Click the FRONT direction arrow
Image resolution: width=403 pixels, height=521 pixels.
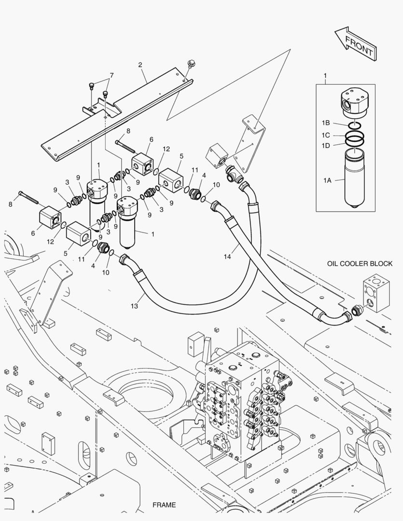click(355, 42)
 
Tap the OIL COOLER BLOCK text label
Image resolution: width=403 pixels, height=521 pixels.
click(360, 263)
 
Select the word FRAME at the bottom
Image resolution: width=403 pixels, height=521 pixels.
click(164, 505)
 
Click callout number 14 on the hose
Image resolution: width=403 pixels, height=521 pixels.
click(227, 257)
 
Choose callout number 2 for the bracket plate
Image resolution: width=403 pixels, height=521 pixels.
click(140, 65)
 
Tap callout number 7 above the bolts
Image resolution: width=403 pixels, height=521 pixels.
click(111, 75)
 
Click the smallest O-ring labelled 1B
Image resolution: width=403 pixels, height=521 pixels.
click(354, 124)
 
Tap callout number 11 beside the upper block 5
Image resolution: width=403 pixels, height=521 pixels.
click(195, 170)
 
